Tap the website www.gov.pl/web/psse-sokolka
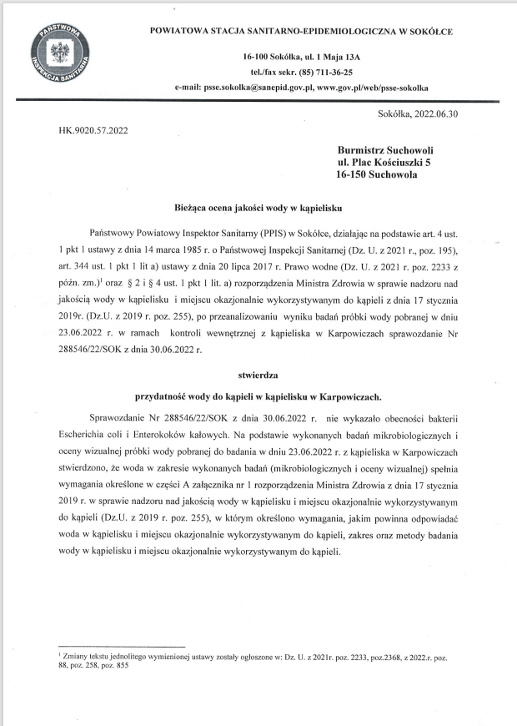tap(373, 87)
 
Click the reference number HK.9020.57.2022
tap(93, 130)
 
